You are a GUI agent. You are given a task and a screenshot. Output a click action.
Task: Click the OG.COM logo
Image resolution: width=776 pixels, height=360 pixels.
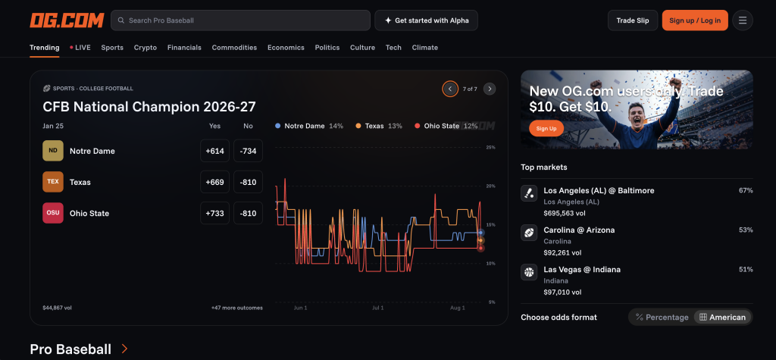67,20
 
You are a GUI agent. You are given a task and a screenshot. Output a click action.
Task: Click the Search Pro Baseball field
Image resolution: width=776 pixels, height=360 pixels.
240,20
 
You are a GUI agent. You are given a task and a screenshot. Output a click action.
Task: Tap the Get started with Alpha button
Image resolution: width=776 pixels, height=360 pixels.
426,20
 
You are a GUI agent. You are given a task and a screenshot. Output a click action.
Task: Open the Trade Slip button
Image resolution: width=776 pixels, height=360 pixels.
633,20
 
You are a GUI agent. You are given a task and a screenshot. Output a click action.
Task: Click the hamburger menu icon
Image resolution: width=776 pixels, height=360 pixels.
743,20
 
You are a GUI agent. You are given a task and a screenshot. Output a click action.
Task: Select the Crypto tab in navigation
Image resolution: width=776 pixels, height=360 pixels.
145,48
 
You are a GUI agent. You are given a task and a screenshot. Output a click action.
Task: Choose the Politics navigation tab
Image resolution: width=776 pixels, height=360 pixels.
327,48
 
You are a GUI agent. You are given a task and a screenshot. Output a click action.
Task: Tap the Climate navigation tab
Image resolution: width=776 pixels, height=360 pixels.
424,48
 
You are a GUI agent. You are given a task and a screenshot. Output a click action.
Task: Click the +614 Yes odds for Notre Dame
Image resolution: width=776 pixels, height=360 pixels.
214,151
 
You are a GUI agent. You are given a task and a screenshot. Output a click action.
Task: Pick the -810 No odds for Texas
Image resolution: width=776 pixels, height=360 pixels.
248,182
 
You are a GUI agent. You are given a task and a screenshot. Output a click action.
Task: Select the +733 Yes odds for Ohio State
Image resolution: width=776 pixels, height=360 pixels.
214,214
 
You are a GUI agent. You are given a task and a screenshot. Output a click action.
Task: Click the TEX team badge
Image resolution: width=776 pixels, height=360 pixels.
53,182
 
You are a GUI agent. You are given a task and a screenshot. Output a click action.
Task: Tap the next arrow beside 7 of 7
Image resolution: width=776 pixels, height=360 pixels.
490,89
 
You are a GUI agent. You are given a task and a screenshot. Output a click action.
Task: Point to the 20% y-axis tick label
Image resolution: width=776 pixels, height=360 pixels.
490,186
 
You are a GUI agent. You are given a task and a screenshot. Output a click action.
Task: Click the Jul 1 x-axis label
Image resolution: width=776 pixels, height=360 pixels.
378,308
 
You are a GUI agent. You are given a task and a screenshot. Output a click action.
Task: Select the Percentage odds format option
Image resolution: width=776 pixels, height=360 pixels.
662,318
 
